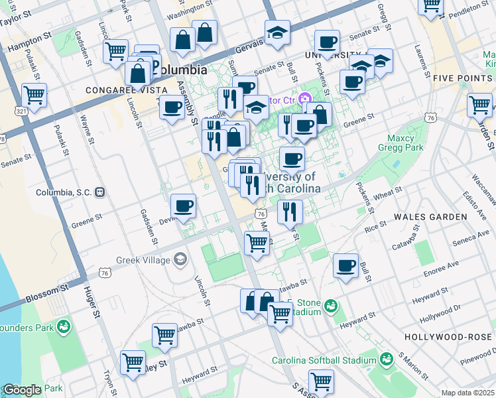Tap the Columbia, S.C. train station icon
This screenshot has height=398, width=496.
pos(100,192)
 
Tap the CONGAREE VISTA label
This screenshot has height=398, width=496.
pos(115,88)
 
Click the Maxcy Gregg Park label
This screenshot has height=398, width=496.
pos(401,143)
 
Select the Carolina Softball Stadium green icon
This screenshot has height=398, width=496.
pos(387,360)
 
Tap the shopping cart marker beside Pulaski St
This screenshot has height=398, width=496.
pos(34,94)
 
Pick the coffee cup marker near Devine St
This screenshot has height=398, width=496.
pos(183,205)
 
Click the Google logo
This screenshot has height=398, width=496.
pos(22,391)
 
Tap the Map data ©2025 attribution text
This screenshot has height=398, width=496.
pos(467,393)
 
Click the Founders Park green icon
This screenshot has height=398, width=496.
pos(64,326)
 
